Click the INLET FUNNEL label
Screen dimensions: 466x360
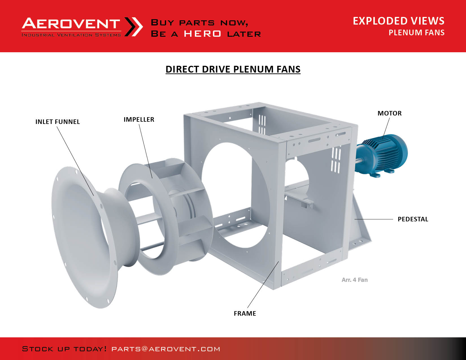57,122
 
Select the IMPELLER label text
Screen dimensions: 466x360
139,119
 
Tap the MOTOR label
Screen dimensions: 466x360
389,113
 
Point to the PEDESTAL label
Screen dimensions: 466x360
413,219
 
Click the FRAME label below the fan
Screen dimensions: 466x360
245,313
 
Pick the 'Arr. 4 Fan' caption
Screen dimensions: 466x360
354,280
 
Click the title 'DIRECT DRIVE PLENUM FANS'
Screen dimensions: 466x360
233,69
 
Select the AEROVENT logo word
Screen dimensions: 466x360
71,23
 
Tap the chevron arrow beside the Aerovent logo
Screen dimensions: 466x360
134,27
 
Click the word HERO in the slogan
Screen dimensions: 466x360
202,34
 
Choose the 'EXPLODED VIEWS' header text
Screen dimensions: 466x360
399,21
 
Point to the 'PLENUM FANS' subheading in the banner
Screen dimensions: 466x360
417,32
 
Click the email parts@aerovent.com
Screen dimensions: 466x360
166,349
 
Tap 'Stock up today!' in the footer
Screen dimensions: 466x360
64,349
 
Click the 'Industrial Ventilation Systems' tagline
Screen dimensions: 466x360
71,35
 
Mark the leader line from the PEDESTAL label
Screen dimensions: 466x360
374,219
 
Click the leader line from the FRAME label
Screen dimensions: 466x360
263,285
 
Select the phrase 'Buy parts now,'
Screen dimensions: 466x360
199,23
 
